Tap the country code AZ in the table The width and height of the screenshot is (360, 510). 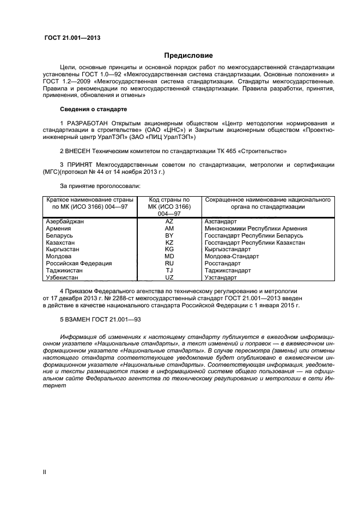click(169, 222)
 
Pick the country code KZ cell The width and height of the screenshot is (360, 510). click(169, 242)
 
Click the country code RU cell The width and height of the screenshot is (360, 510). click(169, 263)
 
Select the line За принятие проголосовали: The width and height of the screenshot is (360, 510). click(100, 186)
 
